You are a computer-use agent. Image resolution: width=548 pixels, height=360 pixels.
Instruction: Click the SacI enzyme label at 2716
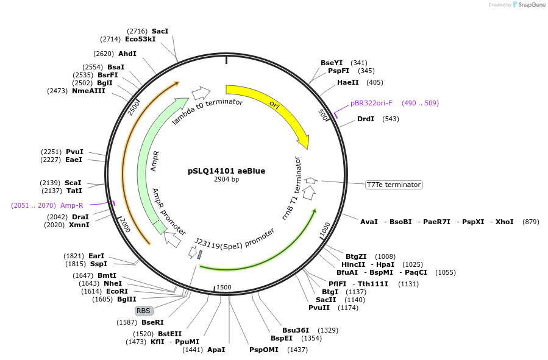tap(160, 31)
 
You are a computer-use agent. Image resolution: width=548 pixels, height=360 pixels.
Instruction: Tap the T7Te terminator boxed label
tap(394, 185)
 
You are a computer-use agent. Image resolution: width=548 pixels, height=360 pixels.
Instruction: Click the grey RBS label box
tap(143, 311)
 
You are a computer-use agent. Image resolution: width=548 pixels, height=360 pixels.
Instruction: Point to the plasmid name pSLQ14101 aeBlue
tap(226, 171)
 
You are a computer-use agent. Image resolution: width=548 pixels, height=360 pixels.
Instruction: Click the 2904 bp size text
tap(226, 180)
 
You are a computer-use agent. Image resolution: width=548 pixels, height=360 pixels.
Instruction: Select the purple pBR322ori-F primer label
tap(371, 103)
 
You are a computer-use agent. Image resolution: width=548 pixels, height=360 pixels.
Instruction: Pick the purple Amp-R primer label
tap(72, 205)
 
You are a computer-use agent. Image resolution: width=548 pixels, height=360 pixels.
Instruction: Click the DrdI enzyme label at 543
tap(366, 119)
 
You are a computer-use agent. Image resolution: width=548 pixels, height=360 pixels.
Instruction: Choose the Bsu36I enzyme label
tap(296, 330)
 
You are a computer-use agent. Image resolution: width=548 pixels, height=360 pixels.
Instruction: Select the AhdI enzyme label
tap(127, 54)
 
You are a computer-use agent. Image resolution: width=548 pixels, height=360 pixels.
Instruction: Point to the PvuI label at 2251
tap(74, 152)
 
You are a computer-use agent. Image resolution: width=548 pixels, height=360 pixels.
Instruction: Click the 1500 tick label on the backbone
tap(224, 288)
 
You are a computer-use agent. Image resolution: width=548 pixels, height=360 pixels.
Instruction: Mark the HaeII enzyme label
tap(348, 82)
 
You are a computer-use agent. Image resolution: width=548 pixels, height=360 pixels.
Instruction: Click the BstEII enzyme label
tap(170, 334)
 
